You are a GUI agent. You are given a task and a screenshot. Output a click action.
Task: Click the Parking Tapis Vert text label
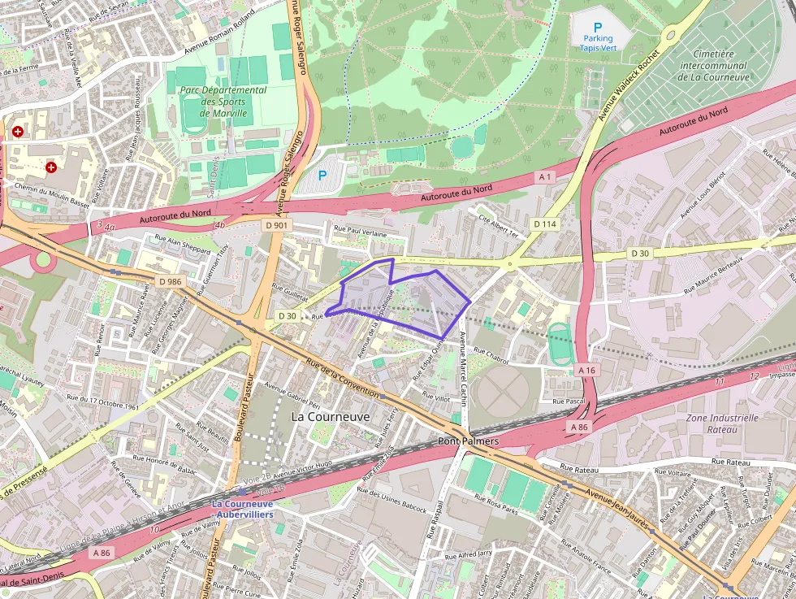[x=597, y=43]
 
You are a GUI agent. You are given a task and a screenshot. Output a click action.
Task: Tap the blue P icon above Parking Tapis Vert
[x=598, y=27]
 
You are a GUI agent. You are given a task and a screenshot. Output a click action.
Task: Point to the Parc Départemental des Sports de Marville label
[x=223, y=102]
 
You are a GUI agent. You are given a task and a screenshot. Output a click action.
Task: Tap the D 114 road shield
[x=545, y=224]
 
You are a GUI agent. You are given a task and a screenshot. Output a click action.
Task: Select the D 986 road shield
[x=171, y=281]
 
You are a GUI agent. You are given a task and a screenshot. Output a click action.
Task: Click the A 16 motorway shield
[x=587, y=370]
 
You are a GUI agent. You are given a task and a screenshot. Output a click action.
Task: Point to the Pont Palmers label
[x=468, y=441]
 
